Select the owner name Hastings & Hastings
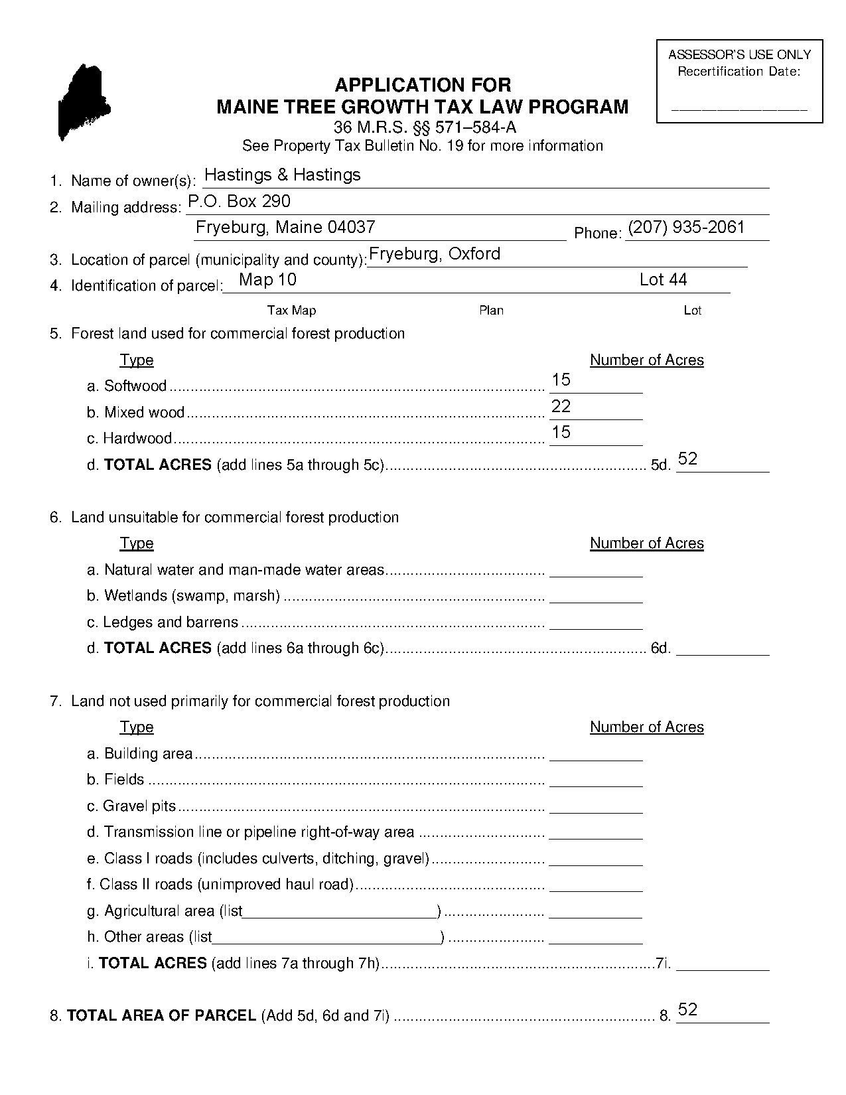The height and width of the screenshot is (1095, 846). (x=282, y=175)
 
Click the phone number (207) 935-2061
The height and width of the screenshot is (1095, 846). (x=686, y=227)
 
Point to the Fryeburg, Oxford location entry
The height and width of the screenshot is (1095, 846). (x=434, y=254)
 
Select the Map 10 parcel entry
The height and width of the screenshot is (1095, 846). (x=267, y=279)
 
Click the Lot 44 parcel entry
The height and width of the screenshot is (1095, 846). (x=663, y=279)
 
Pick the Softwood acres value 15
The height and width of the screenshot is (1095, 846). (x=561, y=380)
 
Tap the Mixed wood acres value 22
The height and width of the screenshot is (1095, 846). (x=561, y=406)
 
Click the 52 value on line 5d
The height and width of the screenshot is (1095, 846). (x=687, y=459)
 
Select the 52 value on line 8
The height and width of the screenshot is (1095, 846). (x=687, y=1009)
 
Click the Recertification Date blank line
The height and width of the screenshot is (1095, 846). (x=739, y=106)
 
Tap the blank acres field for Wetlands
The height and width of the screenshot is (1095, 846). (x=596, y=596)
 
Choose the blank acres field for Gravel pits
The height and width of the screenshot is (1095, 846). (x=596, y=806)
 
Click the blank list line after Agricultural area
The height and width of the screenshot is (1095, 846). (x=340, y=911)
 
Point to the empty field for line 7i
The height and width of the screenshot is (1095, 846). (x=722, y=964)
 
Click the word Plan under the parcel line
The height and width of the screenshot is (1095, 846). (x=491, y=310)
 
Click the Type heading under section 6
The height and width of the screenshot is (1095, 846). (x=137, y=544)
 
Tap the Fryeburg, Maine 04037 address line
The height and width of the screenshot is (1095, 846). (x=285, y=227)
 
